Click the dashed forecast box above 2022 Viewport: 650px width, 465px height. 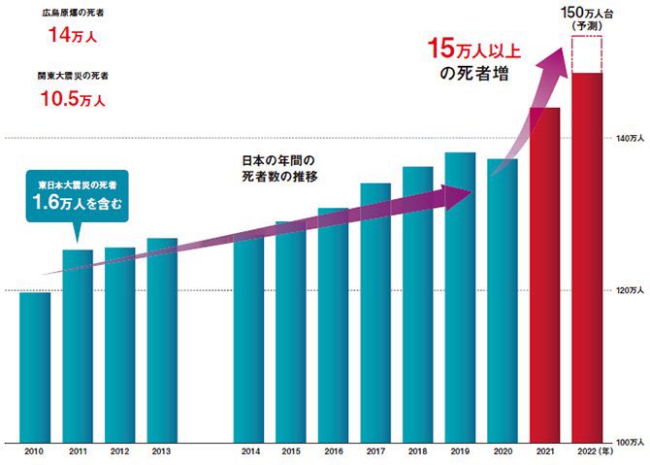(x=588, y=54)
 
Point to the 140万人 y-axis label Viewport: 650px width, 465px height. (x=628, y=140)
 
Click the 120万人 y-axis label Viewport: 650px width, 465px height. (x=628, y=291)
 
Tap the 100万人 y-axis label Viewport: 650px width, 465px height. (x=628, y=443)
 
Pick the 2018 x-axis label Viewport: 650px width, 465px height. (x=417, y=452)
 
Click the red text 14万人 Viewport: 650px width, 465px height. (x=73, y=38)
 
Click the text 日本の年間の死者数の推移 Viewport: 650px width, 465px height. (x=280, y=168)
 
